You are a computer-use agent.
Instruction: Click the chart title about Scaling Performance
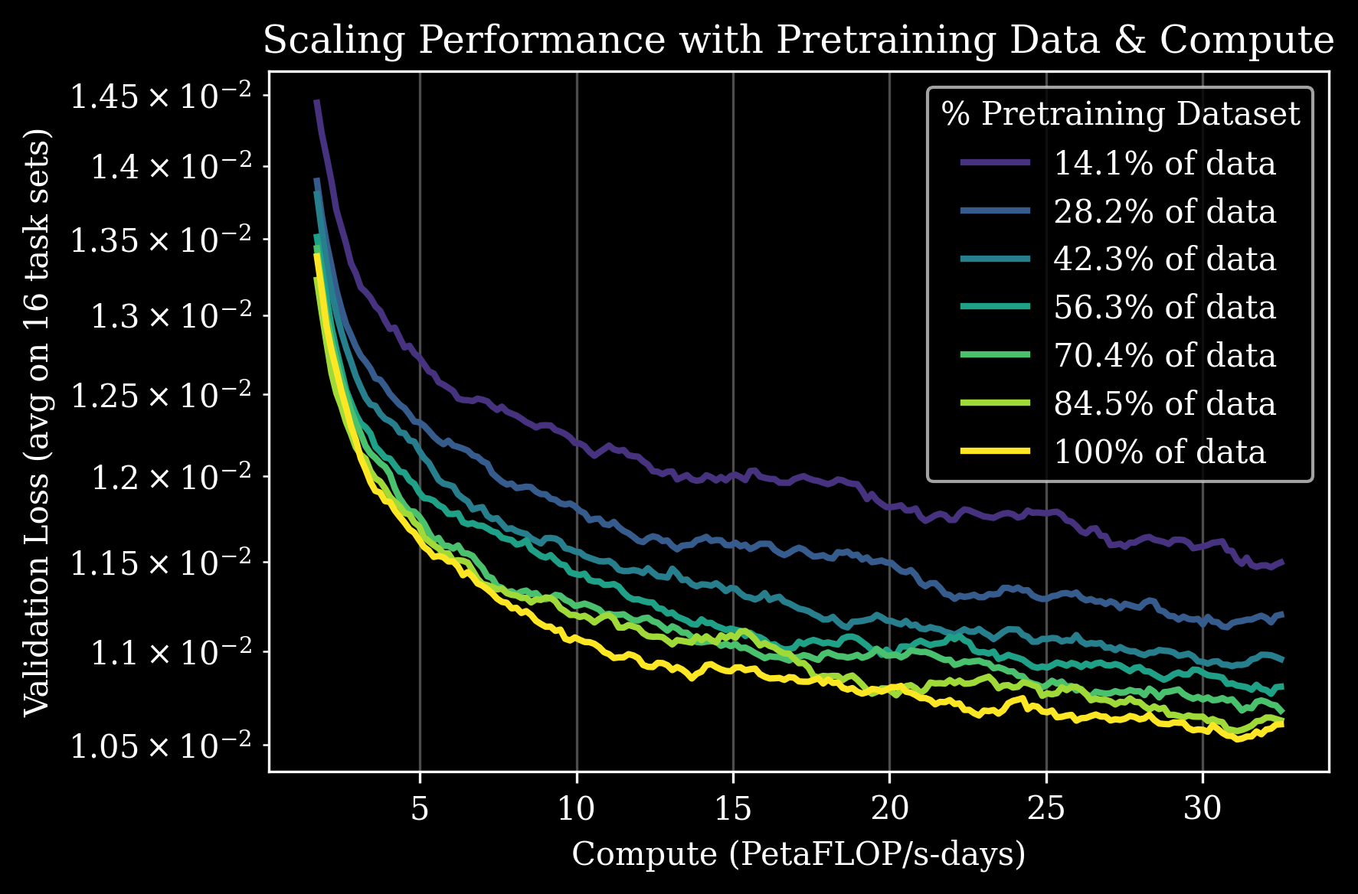[x=798, y=40]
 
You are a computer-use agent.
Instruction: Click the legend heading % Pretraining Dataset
[x=1121, y=113]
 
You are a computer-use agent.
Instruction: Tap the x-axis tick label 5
[x=420, y=808]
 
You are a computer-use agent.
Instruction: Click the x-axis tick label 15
[x=733, y=808]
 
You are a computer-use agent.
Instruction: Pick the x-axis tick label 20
[x=889, y=808]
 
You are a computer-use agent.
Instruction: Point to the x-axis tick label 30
[x=1203, y=808]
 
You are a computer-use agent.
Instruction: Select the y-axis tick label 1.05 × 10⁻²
[x=160, y=746]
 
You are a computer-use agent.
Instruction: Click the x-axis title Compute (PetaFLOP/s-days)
[x=798, y=854]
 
